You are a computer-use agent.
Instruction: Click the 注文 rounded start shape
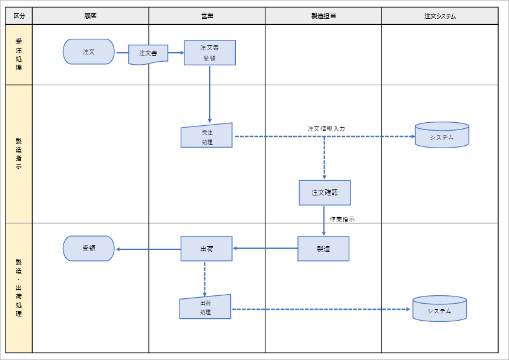pyautogui.click(x=88, y=52)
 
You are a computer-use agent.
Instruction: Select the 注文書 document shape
pyautogui.click(x=148, y=53)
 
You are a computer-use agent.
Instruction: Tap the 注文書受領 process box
pyautogui.click(x=210, y=53)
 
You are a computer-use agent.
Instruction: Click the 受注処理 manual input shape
pyautogui.click(x=207, y=136)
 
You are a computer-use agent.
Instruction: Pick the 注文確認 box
pyautogui.click(x=325, y=193)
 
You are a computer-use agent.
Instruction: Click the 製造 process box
pyautogui.click(x=323, y=249)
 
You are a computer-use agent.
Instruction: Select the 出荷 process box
pyautogui.click(x=206, y=249)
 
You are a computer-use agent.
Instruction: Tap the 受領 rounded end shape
pyautogui.click(x=88, y=249)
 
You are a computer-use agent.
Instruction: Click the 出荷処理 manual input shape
pyautogui.click(x=206, y=307)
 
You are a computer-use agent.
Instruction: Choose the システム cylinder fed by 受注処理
pyautogui.click(x=442, y=136)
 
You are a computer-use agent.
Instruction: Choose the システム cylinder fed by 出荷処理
pyautogui.click(x=439, y=309)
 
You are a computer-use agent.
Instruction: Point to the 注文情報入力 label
pyautogui.click(x=326, y=129)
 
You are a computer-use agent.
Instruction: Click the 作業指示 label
pyautogui.click(x=342, y=219)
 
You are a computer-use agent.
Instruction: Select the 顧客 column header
pyautogui.click(x=91, y=16)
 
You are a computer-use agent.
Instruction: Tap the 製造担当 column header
pyautogui.click(x=323, y=16)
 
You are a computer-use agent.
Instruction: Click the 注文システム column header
pyautogui.click(x=440, y=16)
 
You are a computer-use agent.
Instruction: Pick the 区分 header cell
pyautogui.click(x=19, y=16)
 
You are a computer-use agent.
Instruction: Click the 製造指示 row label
pyautogui.click(x=19, y=154)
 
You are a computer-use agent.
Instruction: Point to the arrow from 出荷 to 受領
pyautogui.click(x=148, y=249)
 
